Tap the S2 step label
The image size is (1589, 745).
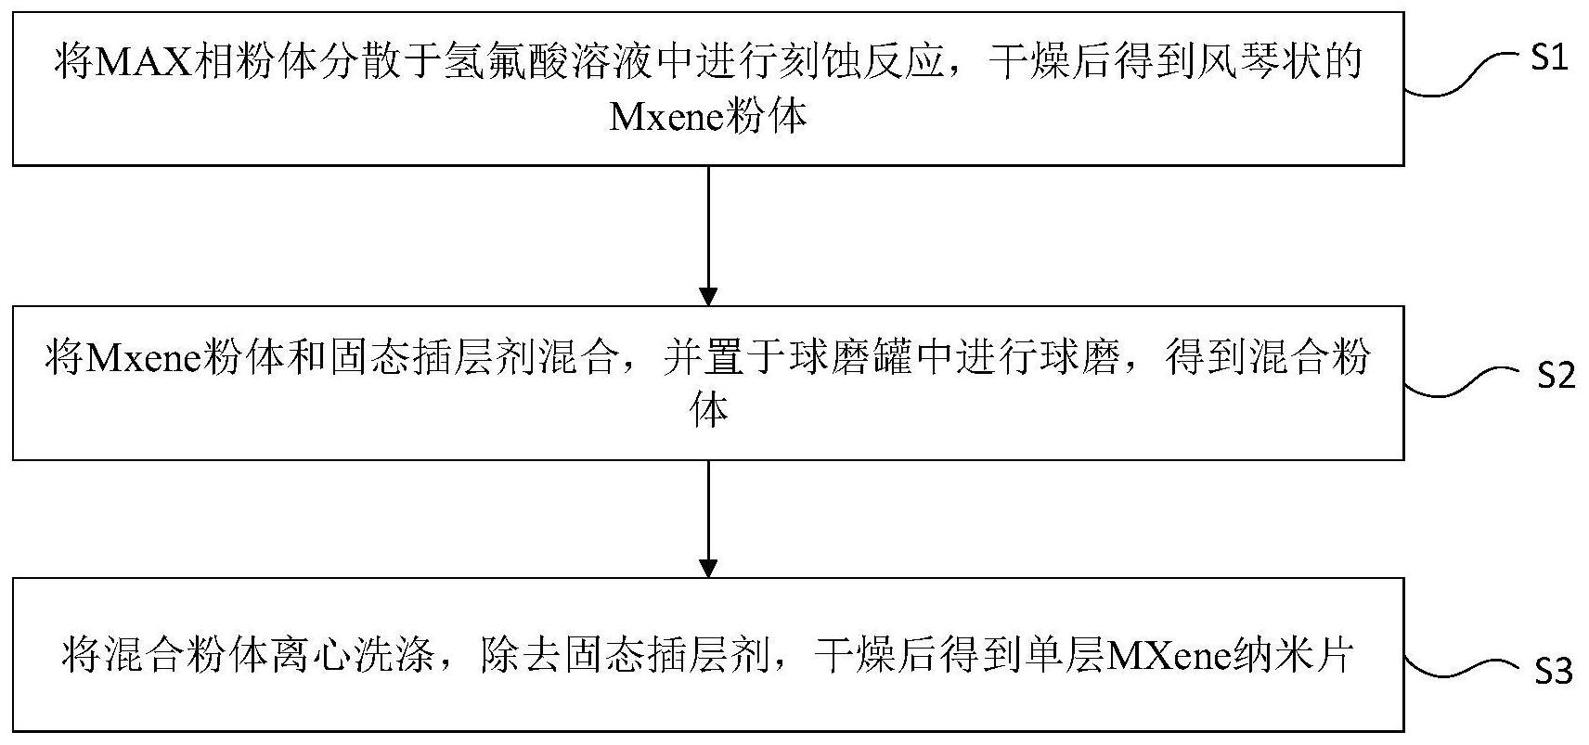[1555, 375]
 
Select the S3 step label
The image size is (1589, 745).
[1554, 671]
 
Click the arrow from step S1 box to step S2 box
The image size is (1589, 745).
[709, 236]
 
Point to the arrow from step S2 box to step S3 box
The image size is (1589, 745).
[709, 520]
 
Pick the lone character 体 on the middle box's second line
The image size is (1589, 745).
[709, 411]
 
